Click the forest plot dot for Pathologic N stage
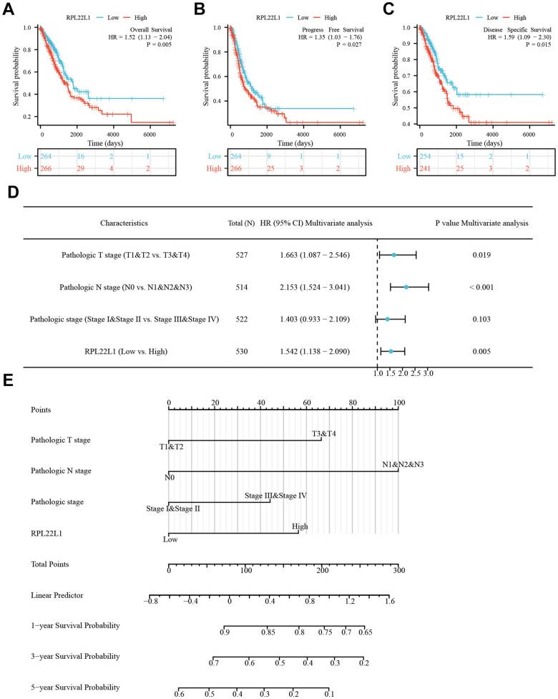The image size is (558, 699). point(406,287)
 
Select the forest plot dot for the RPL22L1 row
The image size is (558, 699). point(391,351)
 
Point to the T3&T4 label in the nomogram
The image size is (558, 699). point(323,433)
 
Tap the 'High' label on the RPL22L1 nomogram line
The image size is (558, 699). point(300,526)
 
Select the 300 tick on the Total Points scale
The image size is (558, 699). point(398,570)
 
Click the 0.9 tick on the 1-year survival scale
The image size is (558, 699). point(225,632)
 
